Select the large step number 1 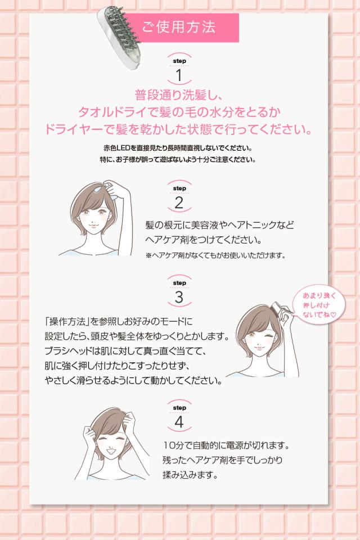coord(179,75)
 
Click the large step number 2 coord(179,203)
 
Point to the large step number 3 coord(179,297)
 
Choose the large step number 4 coord(179,421)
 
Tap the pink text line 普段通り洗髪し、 coord(179,94)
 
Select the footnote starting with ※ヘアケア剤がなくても coord(215,255)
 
